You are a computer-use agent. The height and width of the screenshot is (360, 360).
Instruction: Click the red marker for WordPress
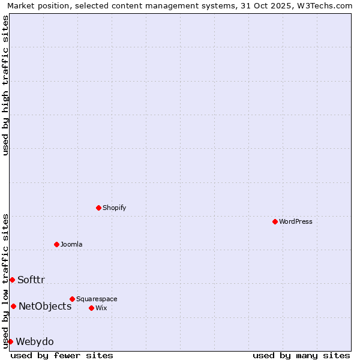(275, 221)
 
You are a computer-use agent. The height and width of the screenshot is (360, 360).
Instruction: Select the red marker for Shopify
(98, 208)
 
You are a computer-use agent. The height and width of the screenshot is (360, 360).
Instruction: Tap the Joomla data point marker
(56, 244)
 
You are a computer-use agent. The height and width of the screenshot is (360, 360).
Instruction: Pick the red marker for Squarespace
(72, 299)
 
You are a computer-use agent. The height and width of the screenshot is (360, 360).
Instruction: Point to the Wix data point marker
(91, 308)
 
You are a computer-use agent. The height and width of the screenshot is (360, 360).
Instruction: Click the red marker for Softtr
(12, 280)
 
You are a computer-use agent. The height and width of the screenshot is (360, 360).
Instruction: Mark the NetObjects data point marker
(13, 306)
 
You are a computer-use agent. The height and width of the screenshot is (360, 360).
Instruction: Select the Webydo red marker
(10, 341)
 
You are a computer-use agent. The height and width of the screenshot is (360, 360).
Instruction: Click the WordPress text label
(295, 221)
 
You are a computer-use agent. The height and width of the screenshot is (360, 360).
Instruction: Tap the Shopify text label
(114, 208)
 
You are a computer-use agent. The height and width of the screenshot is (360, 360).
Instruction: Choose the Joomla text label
(71, 244)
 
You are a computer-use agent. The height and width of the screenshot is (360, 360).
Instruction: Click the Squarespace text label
(97, 299)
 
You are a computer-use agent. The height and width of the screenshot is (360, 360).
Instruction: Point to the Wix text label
(101, 308)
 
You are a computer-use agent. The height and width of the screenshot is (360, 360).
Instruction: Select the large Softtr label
(31, 280)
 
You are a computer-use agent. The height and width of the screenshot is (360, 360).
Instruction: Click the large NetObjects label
(45, 306)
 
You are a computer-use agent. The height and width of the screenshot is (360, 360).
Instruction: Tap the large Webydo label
(35, 341)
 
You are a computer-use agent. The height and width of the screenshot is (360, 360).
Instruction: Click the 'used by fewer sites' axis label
(62, 355)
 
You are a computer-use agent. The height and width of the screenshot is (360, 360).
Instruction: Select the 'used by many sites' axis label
(301, 355)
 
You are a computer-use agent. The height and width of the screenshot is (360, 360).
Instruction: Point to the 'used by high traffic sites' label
(5, 85)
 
